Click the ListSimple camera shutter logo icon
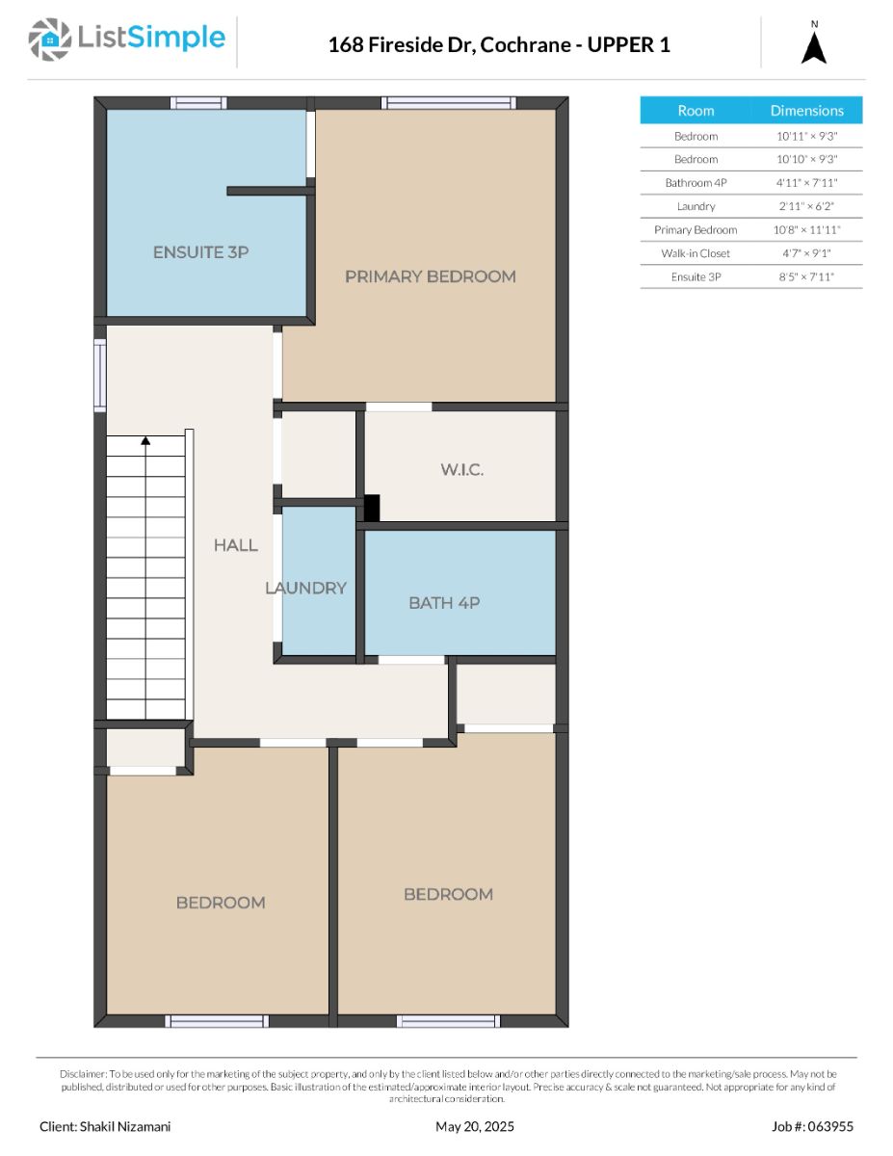(49, 39)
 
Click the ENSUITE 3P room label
(200, 251)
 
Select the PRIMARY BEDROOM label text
(431, 276)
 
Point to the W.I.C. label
(461, 469)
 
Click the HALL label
(236, 544)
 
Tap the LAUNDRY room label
(305, 588)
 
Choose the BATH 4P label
(444, 603)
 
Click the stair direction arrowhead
(145, 440)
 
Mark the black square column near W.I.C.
(371, 508)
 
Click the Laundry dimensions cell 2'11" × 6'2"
(806, 206)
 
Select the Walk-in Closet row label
(696, 253)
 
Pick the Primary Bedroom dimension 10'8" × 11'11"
(806, 230)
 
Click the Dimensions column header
(806, 110)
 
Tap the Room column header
(696, 110)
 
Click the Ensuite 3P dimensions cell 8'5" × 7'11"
(806, 276)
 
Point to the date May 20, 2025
(474, 1126)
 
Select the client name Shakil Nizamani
(125, 1126)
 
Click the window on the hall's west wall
(100, 375)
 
